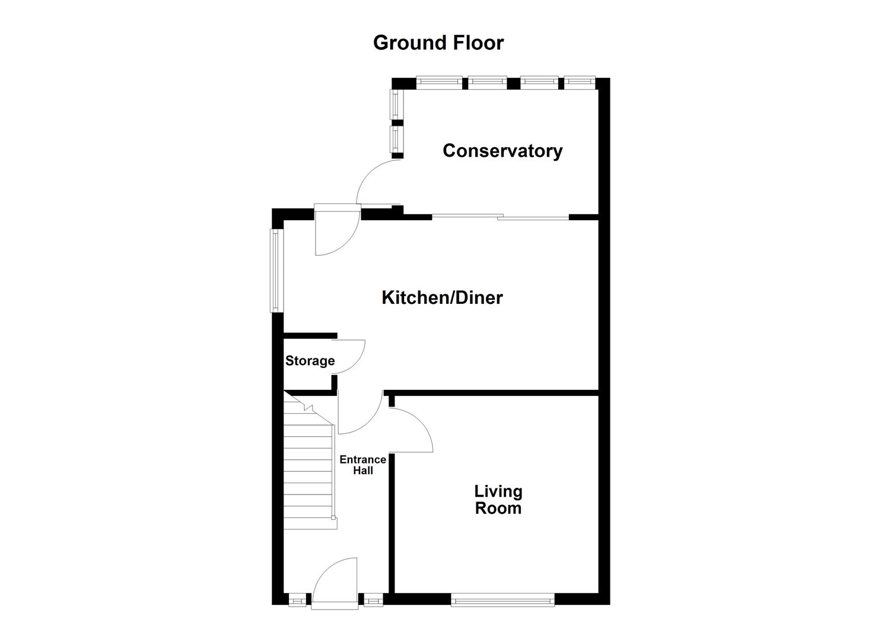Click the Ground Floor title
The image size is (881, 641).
click(438, 43)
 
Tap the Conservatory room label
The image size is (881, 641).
click(502, 151)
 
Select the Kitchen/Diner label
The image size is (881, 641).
click(442, 297)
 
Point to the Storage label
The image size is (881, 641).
click(310, 361)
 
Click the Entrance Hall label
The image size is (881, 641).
click(362, 465)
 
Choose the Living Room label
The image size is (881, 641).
click(498, 500)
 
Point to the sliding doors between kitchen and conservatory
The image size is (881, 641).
click(500, 217)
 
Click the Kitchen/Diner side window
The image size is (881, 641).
click(275, 271)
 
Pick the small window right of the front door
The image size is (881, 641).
click(373, 601)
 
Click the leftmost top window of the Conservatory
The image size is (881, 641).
click(439, 82)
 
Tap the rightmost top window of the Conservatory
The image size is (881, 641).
click(580, 82)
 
